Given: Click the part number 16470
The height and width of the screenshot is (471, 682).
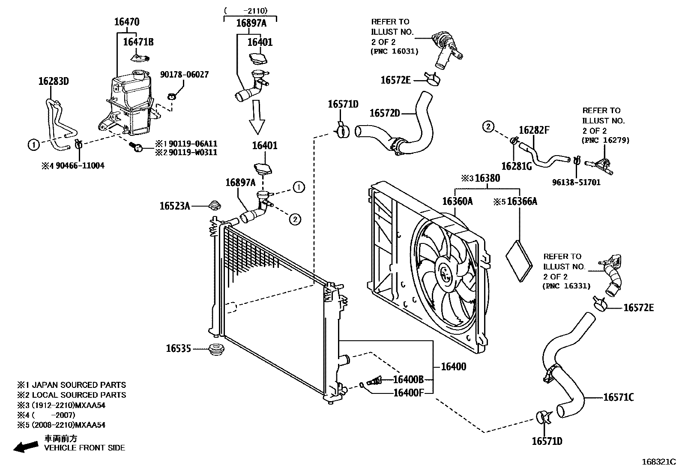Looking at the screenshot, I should tap(126, 22).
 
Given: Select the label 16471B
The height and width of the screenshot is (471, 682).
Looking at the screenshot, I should tap(138, 42).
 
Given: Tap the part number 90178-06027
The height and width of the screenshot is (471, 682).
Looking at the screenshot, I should tap(184, 75).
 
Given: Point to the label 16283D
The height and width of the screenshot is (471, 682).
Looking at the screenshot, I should tap(53, 81).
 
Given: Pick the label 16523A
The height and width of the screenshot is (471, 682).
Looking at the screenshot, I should tap(174, 206).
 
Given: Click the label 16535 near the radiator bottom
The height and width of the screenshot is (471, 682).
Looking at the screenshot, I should tap(178, 349).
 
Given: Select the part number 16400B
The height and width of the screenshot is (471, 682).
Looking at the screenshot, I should tap(408, 379).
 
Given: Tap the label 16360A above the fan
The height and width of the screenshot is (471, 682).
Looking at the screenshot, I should tap(457, 201).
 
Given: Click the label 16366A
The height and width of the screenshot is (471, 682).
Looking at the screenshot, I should tap(522, 201).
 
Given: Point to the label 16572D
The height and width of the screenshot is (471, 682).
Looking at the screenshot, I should tap(384, 113).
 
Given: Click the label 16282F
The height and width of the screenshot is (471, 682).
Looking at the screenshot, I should tap(534, 130).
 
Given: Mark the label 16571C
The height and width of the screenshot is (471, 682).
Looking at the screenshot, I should tap(618, 397).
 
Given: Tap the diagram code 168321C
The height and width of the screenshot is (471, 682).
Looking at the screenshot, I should tap(658, 462).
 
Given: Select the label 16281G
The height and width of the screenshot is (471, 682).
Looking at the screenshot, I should tap(516, 166).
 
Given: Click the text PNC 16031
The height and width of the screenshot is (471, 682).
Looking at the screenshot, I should tap(394, 51).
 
